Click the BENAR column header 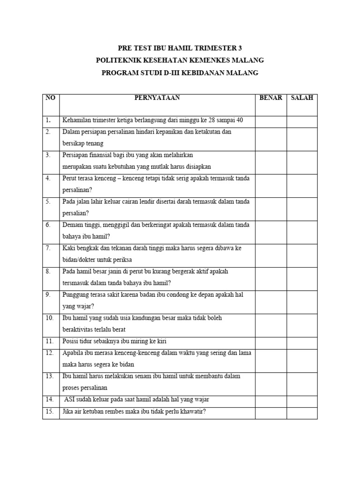(x=271, y=98)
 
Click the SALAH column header (x=302, y=98)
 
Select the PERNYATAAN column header (x=157, y=98)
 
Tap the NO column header (x=50, y=98)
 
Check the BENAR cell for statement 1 (x=271, y=120)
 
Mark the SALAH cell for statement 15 (x=302, y=412)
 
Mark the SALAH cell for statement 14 (x=302, y=400)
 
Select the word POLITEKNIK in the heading (x=120, y=60)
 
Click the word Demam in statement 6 (x=72, y=225)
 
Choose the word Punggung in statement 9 (x=75, y=295)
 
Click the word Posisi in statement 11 (x=70, y=341)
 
